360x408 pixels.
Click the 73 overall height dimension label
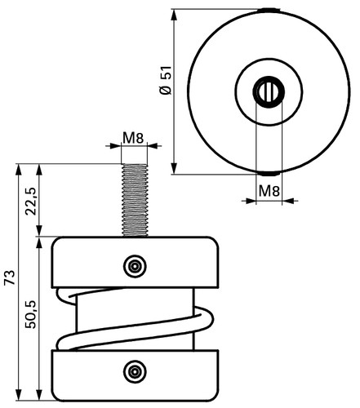[x=10, y=277]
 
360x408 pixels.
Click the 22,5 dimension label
[x=31, y=202]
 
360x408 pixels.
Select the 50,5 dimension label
[x=31, y=314]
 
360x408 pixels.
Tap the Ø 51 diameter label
[x=166, y=80]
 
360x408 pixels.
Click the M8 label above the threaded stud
[x=133, y=138]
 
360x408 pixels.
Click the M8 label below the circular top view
[x=269, y=190]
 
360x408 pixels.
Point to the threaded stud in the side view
[x=135, y=200]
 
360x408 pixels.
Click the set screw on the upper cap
[x=135, y=266]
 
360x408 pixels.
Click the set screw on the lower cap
[x=135, y=371]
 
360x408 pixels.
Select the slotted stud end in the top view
[x=269, y=92]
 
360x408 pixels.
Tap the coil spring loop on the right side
[x=205, y=321]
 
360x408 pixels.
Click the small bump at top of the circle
[x=269, y=11]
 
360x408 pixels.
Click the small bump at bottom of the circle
[x=269, y=173]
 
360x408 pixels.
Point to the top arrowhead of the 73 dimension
[x=19, y=170]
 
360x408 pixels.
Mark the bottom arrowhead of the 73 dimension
[x=19, y=395]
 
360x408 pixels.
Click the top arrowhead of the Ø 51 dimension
[x=174, y=15]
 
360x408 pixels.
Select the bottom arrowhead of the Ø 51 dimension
[x=174, y=168]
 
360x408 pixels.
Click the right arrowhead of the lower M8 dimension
[x=288, y=201]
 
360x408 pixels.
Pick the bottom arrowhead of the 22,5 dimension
[x=39, y=231]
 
